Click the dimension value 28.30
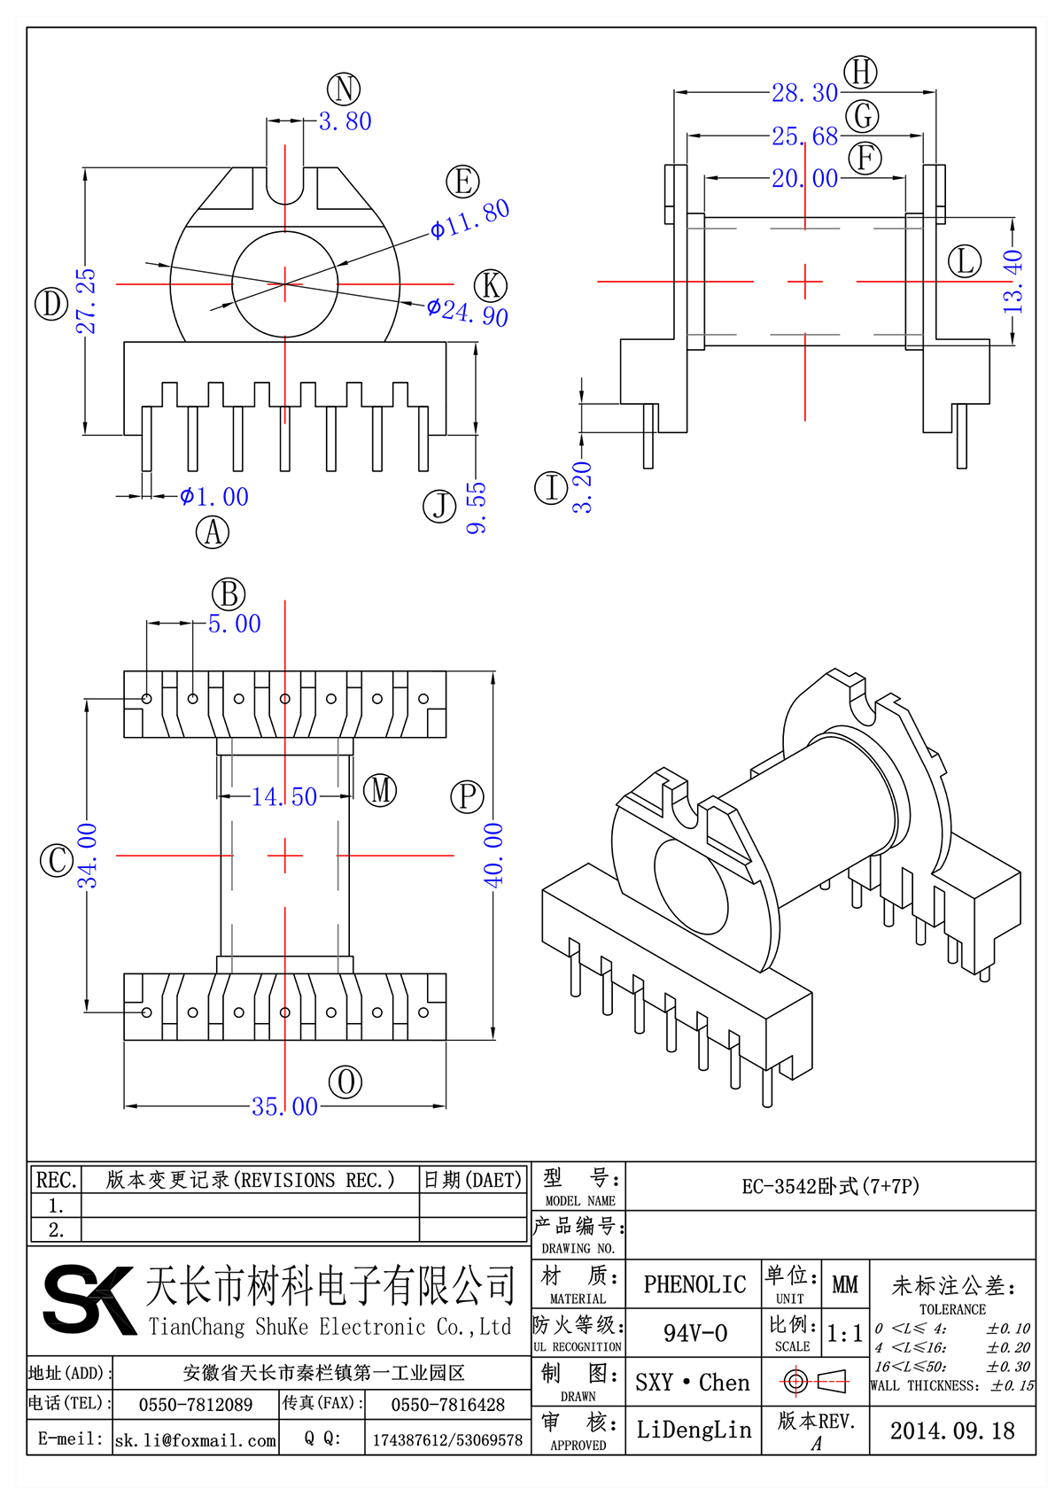[804, 93]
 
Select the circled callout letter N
[344, 89]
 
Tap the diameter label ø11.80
[469, 219]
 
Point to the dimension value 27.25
[86, 301]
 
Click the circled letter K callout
[491, 286]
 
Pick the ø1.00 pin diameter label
[214, 497]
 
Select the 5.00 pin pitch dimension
[235, 624]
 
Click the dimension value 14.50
[284, 797]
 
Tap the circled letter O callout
[345, 1081]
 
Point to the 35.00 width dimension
[284, 1107]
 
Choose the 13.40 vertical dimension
[1013, 282]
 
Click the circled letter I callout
[551, 488]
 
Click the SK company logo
[89, 1299]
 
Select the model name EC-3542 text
[830, 1186]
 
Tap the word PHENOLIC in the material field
[694, 1284]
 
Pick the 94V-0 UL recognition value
[694, 1333]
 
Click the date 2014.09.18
[952, 1430]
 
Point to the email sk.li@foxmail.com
[196, 1440]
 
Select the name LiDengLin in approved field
[694, 1430]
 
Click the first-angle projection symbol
[815, 1381]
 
